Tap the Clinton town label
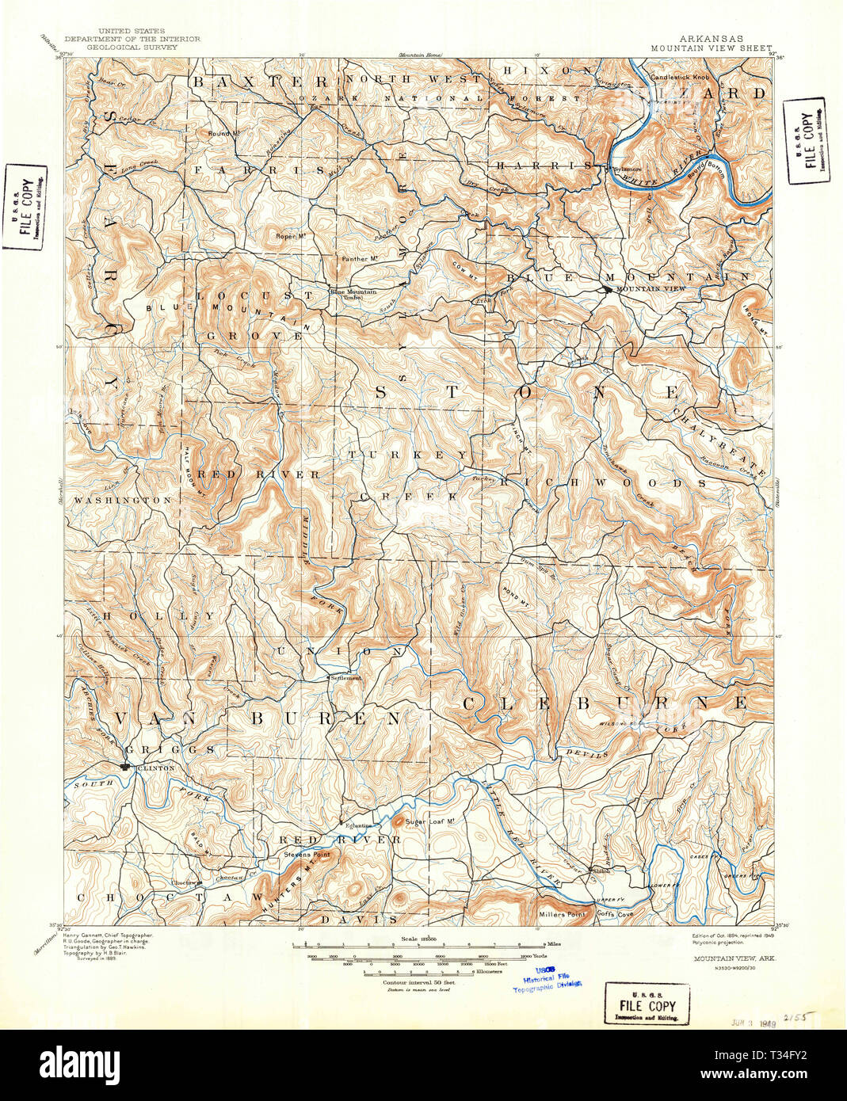coord(155,768)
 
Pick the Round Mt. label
coord(223,133)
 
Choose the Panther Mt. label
coord(355,259)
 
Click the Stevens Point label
coord(307,855)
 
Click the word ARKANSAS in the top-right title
coord(711,38)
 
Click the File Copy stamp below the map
coord(647,1006)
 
